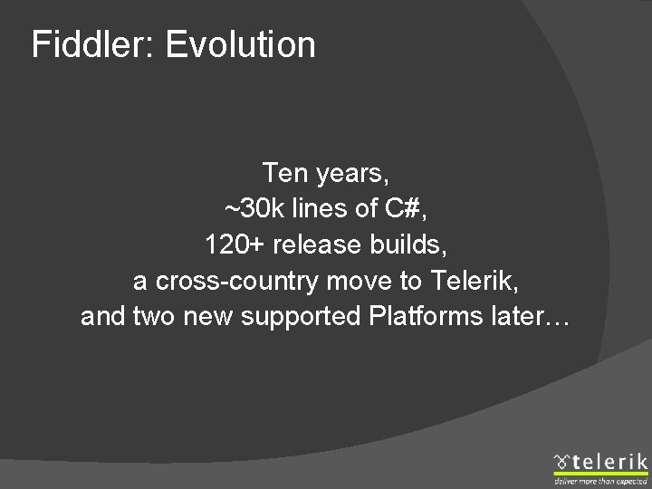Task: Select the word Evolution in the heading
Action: pos(241,44)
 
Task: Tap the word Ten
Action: pos(283,172)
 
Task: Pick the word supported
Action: pos(299,319)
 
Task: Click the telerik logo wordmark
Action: pos(609,462)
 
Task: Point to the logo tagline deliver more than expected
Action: pos(601,480)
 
